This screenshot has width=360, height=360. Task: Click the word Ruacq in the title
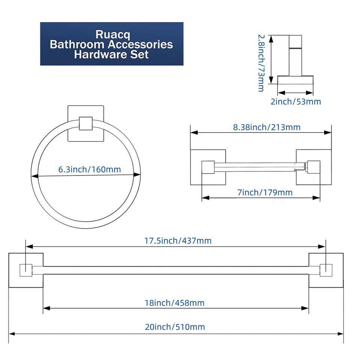coord(112,34)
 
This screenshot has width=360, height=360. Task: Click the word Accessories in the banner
coord(141,44)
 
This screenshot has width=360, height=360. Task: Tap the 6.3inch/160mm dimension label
coord(90,169)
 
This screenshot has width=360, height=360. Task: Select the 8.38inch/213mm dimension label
coord(267,127)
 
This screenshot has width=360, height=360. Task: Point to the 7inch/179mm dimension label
coord(265,192)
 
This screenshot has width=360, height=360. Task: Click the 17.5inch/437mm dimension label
coord(178,241)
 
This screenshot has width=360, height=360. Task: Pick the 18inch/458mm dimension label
coord(174,303)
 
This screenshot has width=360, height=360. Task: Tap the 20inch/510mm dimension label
coord(175,327)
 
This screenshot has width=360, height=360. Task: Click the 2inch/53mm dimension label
coord(296,102)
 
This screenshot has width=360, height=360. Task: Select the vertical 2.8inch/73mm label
coord(261,63)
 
